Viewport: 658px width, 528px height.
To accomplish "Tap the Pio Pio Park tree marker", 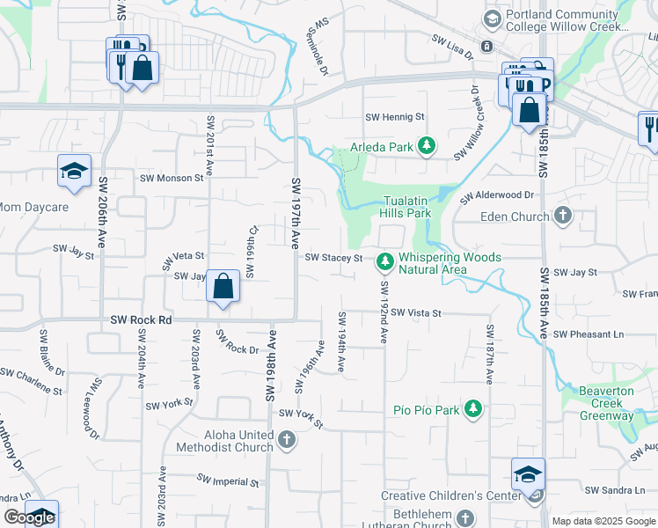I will click(473, 409).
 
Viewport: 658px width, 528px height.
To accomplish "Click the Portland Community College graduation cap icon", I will click(492, 18).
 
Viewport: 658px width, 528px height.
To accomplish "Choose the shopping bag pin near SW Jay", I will click(223, 287).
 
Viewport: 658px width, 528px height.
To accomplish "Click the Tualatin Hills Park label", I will click(406, 207).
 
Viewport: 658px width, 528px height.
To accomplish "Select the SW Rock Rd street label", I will click(141, 320).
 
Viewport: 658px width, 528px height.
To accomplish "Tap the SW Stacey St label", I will click(333, 258).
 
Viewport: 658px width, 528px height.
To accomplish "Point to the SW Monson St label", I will click(172, 177).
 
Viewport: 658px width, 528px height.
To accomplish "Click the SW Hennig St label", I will click(395, 116).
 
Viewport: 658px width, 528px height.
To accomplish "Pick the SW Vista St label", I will click(416, 312).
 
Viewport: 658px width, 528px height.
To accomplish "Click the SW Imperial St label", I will click(228, 481).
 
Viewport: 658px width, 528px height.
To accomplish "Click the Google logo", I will click(29, 517).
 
